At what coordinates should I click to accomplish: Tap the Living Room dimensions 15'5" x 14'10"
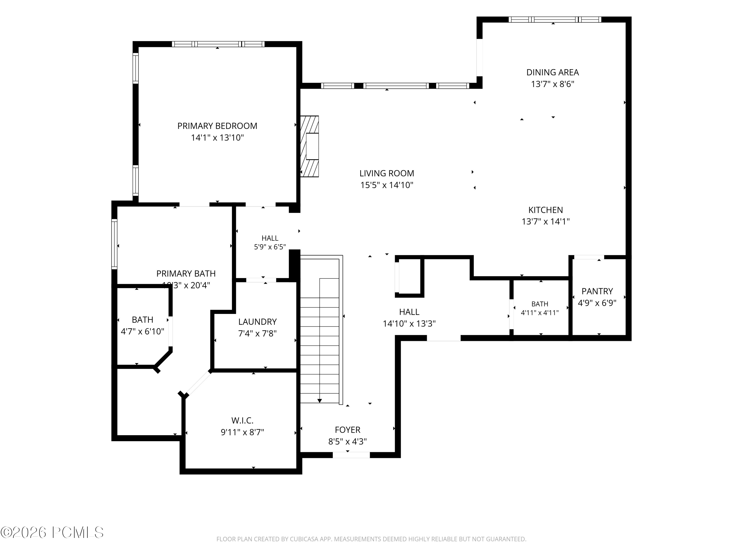[387, 185]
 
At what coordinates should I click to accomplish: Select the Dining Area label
[553, 72]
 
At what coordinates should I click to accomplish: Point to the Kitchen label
[546, 210]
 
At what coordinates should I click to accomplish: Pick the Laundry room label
[257, 322]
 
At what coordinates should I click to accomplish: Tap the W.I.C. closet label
[242, 420]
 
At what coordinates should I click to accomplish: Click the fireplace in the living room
[309, 146]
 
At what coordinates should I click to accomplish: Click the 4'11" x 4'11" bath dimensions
[539, 312]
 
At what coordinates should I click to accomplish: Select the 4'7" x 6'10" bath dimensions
[142, 331]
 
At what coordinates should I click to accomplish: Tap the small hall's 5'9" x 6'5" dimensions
[270, 247]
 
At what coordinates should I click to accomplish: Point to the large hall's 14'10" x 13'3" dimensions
[409, 324]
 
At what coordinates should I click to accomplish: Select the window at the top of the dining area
[555, 20]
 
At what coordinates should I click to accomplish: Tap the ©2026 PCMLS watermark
[52, 532]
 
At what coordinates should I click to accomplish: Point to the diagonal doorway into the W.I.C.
[198, 383]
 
